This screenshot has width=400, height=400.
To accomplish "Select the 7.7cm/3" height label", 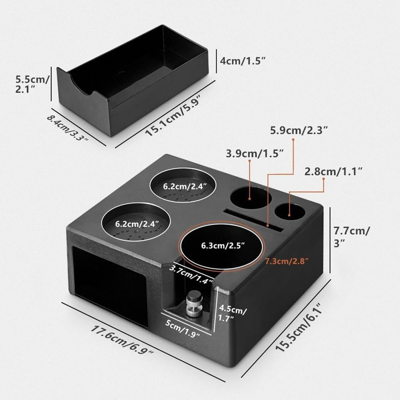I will click(x=352, y=237).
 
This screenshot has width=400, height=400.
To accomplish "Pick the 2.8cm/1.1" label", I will click(x=333, y=171).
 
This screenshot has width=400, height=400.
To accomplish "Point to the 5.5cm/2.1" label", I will click(x=26, y=84).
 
